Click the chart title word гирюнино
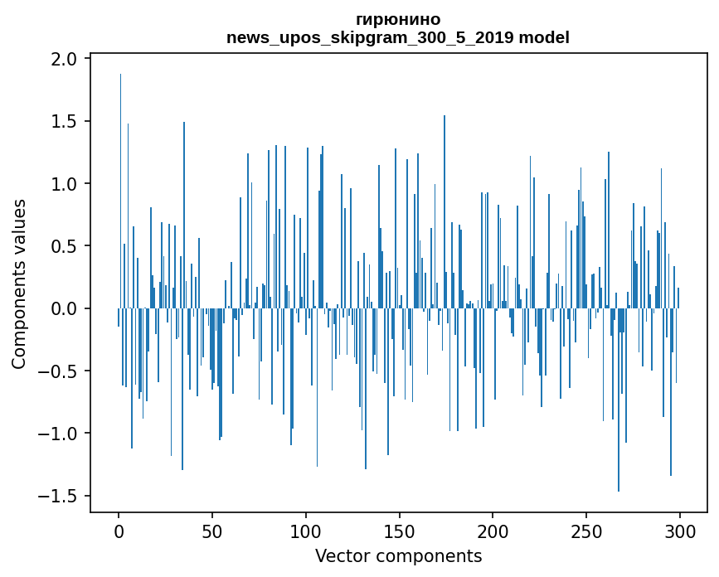[398, 20]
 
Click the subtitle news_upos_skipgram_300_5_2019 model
[398, 37]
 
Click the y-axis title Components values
[19, 284]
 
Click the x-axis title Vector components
[398, 556]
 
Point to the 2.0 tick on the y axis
[64, 59]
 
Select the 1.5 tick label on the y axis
[64, 121]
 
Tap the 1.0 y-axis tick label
[64, 184]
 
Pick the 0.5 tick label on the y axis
[64, 246]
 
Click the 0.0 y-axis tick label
[64, 309]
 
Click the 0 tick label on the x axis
[119, 531]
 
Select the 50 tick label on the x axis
[211, 531]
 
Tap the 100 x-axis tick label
[305, 531]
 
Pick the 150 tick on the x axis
[399, 531]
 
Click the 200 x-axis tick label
[493, 531]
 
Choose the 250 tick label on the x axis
[586, 531]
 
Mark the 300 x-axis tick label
[679, 531]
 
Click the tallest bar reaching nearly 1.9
[120, 191]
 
